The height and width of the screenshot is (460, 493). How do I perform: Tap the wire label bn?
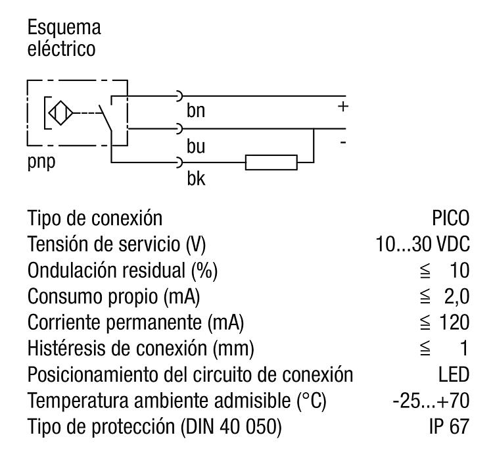(x=195, y=111)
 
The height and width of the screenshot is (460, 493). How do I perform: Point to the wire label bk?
(x=195, y=179)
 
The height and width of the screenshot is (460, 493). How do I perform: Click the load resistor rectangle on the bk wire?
(x=271, y=161)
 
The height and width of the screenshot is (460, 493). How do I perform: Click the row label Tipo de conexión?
(x=95, y=217)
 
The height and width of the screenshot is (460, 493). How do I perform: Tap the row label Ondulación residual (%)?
(x=122, y=270)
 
